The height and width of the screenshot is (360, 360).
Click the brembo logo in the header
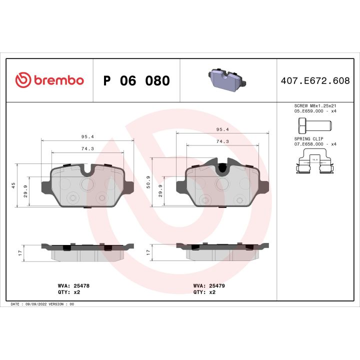coord(49,80)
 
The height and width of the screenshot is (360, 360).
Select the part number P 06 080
coord(136,81)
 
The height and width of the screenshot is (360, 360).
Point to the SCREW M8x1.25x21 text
coord(314,106)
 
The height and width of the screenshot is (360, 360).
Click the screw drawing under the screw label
coord(311,124)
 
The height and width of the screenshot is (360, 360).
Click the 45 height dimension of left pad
coord(13,185)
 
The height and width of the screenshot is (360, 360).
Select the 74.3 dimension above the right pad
coord(222,141)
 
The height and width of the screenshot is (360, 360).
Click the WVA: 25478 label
coord(73,285)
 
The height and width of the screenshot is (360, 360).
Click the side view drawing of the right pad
coord(222,252)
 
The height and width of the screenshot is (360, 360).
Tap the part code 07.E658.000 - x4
coord(315,143)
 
